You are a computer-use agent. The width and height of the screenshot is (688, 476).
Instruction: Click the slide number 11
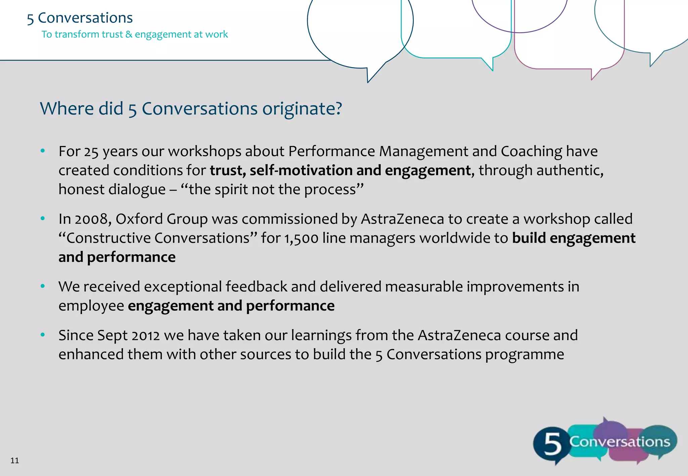pyautogui.click(x=14, y=460)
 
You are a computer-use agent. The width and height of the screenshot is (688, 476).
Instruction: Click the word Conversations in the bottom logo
pyautogui.click(x=619, y=441)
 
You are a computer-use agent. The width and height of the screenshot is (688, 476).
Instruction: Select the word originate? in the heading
pyautogui.click(x=302, y=109)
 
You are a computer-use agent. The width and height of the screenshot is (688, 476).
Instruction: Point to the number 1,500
pyautogui.click(x=301, y=238)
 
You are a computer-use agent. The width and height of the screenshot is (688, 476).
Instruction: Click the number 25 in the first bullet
pyautogui.click(x=91, y=152)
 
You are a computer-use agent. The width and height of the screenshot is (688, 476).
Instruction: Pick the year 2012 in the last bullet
pyautogui.click(x=145, y=336)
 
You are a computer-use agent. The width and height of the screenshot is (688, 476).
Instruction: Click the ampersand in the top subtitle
pyautogui.click(x=129, y=35)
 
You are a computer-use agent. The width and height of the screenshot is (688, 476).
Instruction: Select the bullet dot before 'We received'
pyautogui.click(x=43, y=286)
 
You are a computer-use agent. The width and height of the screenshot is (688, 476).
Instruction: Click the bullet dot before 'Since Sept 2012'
pyautogui.click(x=43, y=335)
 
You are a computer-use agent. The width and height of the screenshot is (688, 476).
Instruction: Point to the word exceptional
pyautogui.click(x=183, y=287)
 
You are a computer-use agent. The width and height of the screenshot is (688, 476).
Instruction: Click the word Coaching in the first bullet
pyautogui.click(x=531, y=152)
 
